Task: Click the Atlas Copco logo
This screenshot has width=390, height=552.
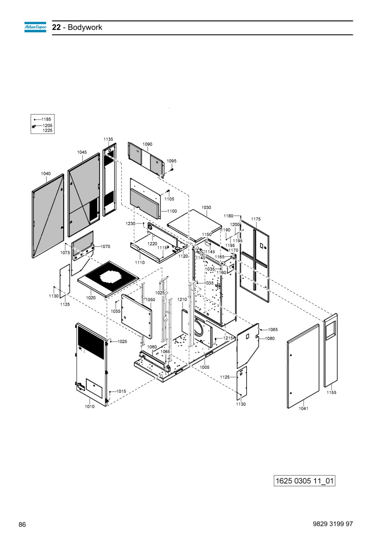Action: pos(35,27)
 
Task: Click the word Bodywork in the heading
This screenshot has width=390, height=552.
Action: pos(85,27)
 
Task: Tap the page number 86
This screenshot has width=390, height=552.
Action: pos(22,524)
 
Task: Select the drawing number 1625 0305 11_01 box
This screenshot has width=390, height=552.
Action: pos(304,481)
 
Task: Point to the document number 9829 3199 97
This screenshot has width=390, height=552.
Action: pos(333,524)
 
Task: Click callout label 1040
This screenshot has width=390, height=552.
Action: pos(46,174)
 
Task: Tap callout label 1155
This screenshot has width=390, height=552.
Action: pos(331,393)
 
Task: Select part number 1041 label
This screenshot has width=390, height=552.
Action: pos(303,408)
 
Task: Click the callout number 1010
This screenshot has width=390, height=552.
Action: pos(90,407)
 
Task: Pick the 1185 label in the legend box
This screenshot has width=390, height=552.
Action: pos(46,119)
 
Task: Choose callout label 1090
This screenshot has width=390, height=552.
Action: pos(147,144)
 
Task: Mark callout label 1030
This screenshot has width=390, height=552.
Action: pos(206,207)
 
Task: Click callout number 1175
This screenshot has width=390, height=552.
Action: pos(256,219)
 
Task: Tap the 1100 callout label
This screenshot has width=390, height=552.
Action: pos(172,211)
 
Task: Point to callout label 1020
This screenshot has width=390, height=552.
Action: pos(91,298)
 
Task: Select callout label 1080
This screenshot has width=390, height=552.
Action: pos(270,338)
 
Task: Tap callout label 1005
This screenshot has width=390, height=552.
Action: pos(204,367)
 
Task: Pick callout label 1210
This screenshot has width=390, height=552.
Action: pos(182,300)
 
